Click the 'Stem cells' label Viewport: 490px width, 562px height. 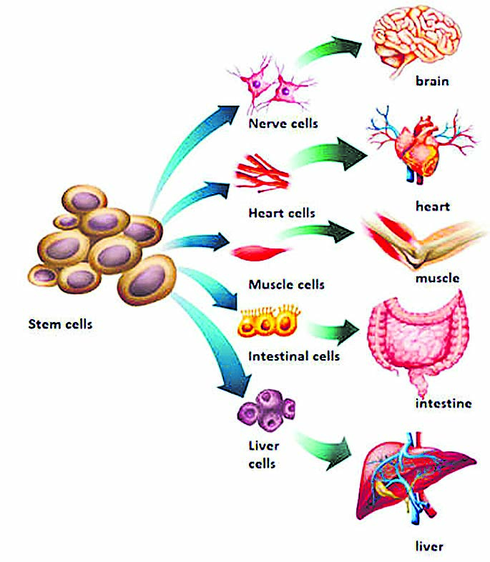click(x=60, y=324)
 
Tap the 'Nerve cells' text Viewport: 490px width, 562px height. click(x=283, y=124)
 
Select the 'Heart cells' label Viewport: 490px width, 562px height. click(x=282, y=213)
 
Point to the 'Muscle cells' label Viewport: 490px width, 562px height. click(x=286, y=284)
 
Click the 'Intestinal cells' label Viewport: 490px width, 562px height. click(x=294, y=356)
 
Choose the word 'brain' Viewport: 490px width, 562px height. click(x=432, y=81)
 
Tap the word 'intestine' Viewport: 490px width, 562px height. click(x=444, y=403)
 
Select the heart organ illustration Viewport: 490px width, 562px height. click(x=420, y=145)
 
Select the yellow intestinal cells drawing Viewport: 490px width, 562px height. click(x=269, y=321)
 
